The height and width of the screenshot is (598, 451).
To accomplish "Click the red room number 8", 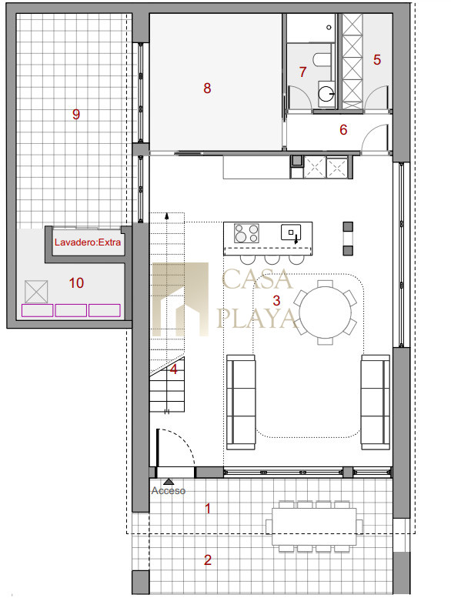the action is (x=207, y=88).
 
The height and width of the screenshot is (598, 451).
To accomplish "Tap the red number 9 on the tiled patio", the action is (x=76, y=114).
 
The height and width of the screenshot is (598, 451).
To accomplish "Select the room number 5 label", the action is (x=377, y=59).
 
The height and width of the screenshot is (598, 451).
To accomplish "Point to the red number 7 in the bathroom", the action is (x=302, y=72).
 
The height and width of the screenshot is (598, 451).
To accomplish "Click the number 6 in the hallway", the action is (x=343, y=129).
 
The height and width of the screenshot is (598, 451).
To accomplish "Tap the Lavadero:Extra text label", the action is (x=88, y=242).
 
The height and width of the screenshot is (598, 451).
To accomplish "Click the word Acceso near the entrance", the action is (x=169, y=490).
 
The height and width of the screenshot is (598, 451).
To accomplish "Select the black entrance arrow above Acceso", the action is (x=169, y=482).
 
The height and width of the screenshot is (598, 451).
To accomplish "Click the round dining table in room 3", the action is (x=326, y=312).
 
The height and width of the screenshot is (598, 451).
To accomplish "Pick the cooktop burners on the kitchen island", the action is (x=246, y=233).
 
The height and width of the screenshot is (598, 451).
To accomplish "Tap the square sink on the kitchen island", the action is (x=291, y=232).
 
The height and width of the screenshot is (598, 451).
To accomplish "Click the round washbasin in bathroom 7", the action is (x=326, y=93).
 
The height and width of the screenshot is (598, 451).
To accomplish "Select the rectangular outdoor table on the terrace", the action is (x=314, y=526).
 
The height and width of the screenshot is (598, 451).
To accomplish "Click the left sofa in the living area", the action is (x=241, y=403).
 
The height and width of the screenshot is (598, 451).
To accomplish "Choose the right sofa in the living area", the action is (x=376, y=403).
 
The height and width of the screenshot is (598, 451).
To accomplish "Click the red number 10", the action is (x=76, y=283).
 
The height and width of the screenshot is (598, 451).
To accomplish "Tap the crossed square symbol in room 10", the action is (x=36, y=292).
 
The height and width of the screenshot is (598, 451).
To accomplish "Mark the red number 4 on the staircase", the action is (x=174, y=369).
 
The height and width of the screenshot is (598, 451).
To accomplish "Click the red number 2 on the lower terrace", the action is (x=208, y=560).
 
